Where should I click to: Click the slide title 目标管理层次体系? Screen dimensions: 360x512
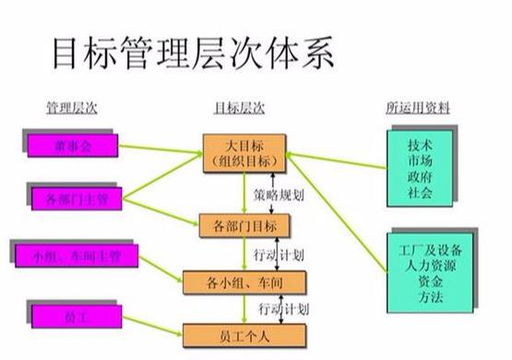pyautogui.click(x=188, y=54)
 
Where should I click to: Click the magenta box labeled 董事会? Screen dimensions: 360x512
pyautogui.click(x=72, y=145)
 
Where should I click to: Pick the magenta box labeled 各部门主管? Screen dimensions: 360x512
pyautogui.click(x=71, y=197)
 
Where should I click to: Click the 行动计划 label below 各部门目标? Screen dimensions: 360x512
pyautogui.click(x=278, y=253)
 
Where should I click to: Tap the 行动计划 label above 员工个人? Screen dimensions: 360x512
pyautogui.click(x=282, y=307)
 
